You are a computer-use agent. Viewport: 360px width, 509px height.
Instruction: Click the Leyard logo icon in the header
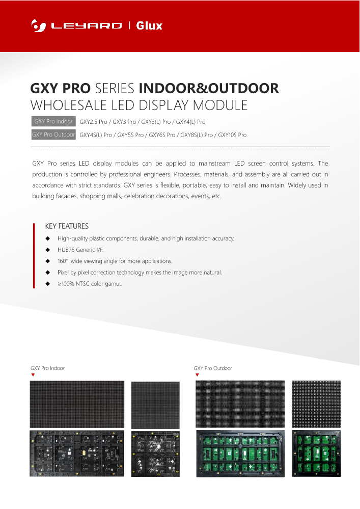[x=36, y=25]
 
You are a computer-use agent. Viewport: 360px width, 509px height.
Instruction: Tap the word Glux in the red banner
[x=149, y=25]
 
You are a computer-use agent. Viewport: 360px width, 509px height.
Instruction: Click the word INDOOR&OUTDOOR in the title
[x=209, y=88]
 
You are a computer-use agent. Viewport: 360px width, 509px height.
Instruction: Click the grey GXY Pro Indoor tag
[x=53, y=122]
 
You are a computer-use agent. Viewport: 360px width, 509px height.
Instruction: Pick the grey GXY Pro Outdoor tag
[x=53, y=135]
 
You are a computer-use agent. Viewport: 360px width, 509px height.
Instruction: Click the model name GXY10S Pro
[x=232, y=135]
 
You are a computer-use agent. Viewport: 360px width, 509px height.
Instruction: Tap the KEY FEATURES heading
[x=67, y=226]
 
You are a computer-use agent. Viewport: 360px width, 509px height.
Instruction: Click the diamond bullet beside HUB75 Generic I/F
[x=47, y=250]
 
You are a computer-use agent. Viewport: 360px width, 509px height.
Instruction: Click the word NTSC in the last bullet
[x=83, y=283]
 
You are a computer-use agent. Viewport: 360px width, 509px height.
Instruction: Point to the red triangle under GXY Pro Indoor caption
[x=33, y=375]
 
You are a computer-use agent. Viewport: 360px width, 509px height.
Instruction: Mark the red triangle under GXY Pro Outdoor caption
[x=197, y=375]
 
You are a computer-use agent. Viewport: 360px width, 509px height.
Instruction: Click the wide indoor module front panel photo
[x=77, y=404]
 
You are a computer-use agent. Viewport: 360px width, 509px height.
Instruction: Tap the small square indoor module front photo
[x=155, y=405]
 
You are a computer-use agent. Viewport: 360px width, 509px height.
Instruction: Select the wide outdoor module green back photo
[x=240, y=453]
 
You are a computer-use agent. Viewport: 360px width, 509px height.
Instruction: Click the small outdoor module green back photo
[x=316, y=453]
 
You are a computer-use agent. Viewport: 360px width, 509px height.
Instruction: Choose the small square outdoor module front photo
[x=316, y=404]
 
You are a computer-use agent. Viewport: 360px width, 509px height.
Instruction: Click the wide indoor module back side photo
[x=77, y=453]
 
